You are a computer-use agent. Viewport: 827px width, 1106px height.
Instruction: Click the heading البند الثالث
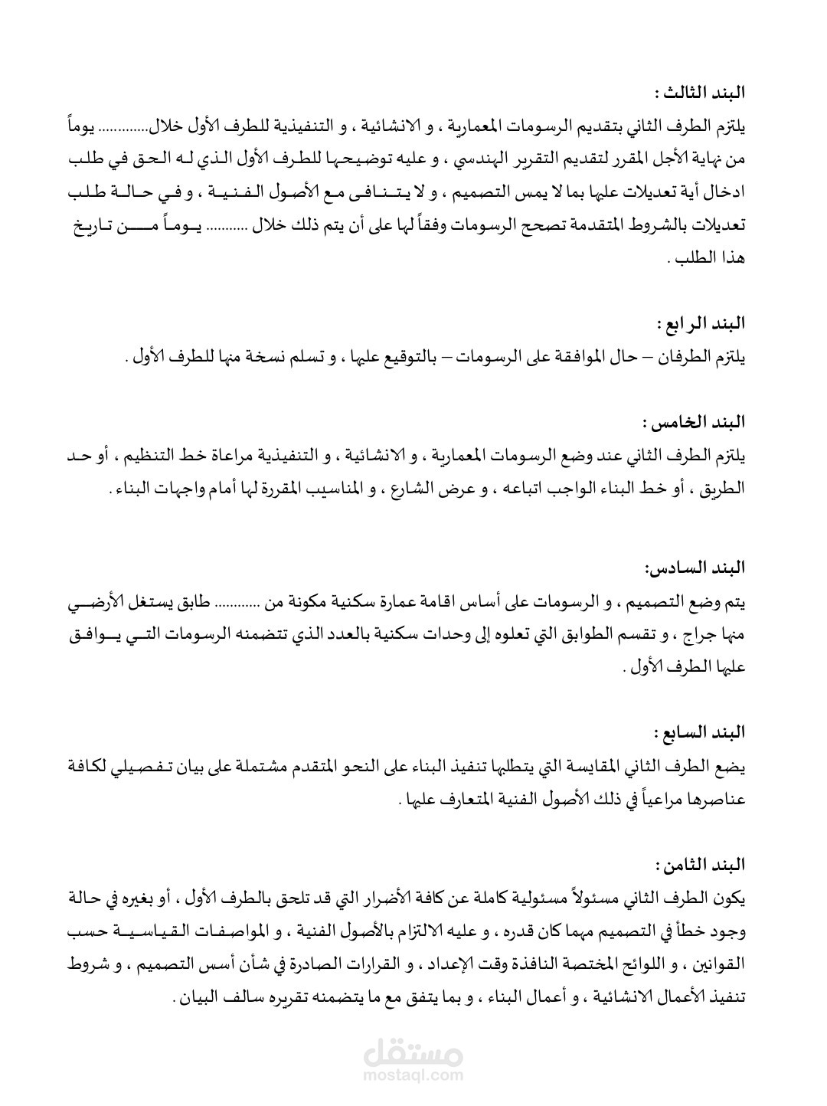701,93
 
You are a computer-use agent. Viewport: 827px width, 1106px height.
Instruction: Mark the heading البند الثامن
701,865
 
